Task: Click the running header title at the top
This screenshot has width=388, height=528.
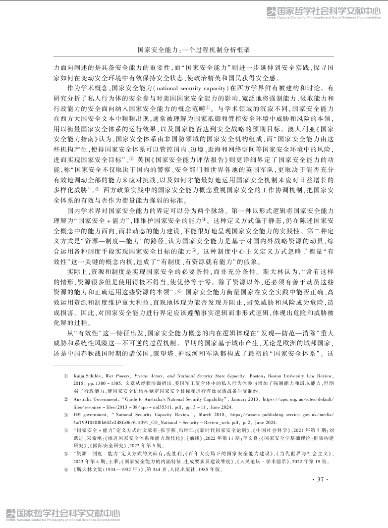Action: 194,50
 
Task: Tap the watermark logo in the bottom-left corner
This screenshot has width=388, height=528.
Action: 63,515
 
